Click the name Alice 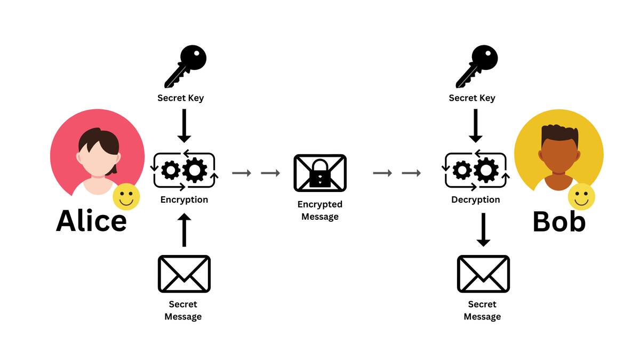pyautogui.click(x=91, y=220)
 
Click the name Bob pyautogui.click(x=559, y=221)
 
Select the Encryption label pyautogui.click(x=184, y=200)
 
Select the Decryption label pyautogui.click(x=476, y=200)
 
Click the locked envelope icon pyautogui.click(x=320, y=173)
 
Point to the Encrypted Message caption pyautogui.click(x=320, y=211)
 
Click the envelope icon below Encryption pyautogui.click(x=184, y=274)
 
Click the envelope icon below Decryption pyautogui.click(x=483, y=274)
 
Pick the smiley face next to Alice pyautogui.click(x=126, y=197)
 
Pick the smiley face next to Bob pyautogui.click(x=581, y=197)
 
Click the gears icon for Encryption pyautogui.click(x=184, y=171)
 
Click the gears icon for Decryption pyautogui.click(x=476, y=171)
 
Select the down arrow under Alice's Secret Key pyautogui.click(x=184, y=126)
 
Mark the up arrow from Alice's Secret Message pyautogui.click(x=184, y=230)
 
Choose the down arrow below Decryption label pyautogui.click(x=483, y=230)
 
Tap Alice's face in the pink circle pyautogui.click(x=98, y=160)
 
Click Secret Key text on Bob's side pyautogui.click(x=472, y=98)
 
